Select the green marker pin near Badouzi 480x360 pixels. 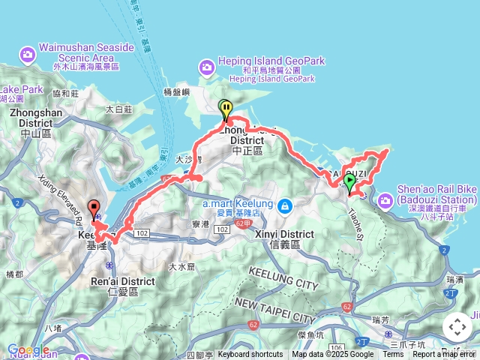[349, 182]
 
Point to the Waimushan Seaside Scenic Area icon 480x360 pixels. [28, 54]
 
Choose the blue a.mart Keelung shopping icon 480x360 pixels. [284, 205]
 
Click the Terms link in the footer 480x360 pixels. [393, 355]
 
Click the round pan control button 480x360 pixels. [457, 327]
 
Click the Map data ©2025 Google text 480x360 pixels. [332, 355]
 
